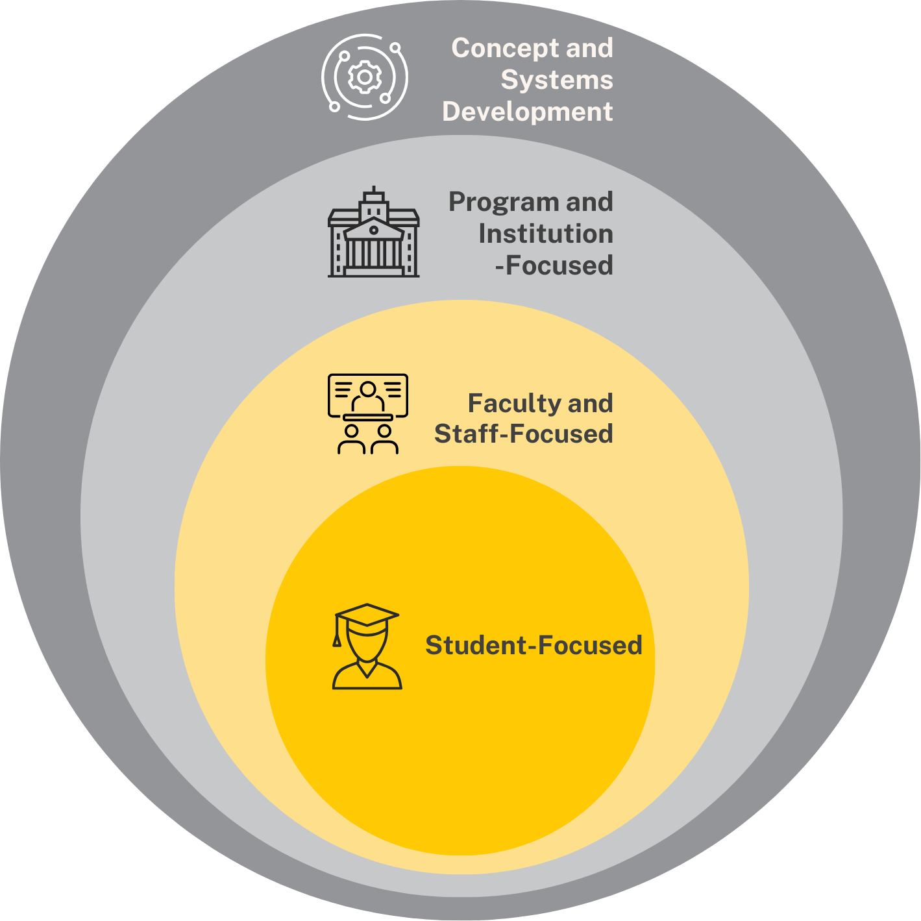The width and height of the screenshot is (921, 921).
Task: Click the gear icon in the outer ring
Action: tap(365, 77)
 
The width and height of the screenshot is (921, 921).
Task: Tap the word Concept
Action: tap(505, 48)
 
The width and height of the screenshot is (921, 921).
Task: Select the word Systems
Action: tap(557, 79)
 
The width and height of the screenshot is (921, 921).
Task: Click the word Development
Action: tap(528, 112)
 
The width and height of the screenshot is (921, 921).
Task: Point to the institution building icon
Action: tap(374, 232)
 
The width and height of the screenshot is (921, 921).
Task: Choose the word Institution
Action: tap(546, 234)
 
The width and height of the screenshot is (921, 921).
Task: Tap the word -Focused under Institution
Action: tap(554, 265)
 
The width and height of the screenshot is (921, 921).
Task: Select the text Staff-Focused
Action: tap(524, 434)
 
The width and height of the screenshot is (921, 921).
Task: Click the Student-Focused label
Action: tap(534, 645)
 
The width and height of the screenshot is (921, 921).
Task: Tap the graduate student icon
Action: tap(367, 646)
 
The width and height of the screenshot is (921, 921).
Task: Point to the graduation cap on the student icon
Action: tap(367, 615)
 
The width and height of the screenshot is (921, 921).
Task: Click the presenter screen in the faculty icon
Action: tap(368, 396)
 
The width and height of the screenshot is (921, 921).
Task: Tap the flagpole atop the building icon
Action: tap(374, 190)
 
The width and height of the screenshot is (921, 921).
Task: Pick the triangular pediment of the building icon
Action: tap(374, 228)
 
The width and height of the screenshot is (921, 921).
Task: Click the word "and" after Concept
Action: tap(590, 48)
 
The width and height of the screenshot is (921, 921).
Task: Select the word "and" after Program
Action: tap(590, 202)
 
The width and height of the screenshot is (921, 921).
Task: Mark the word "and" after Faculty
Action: tap(590, 404)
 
